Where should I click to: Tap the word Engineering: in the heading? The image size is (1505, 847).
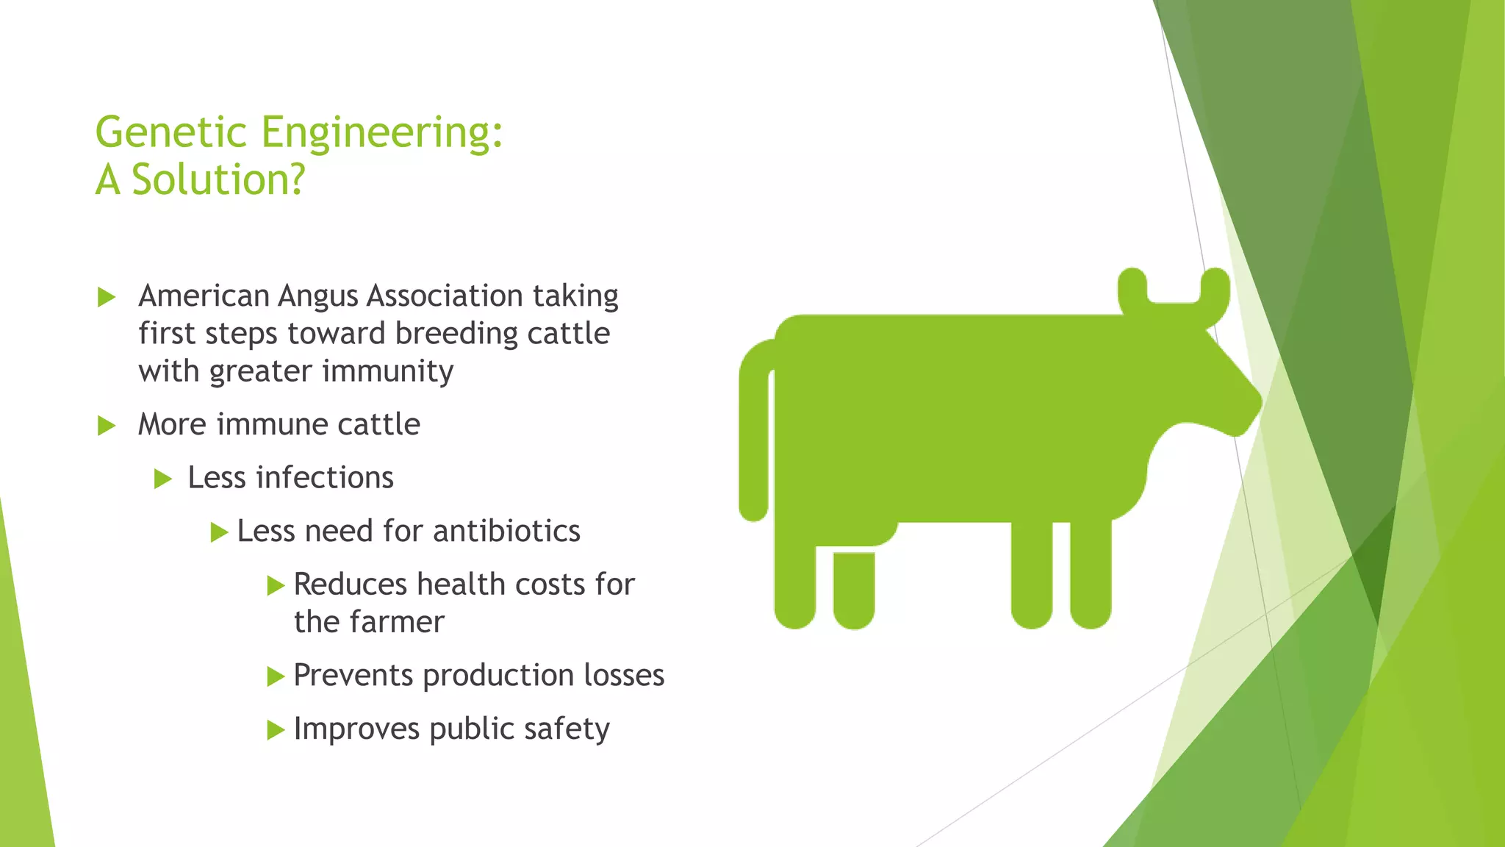click(381, 134)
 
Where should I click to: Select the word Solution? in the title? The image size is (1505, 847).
click(218, 180)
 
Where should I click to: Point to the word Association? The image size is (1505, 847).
click(445, 296)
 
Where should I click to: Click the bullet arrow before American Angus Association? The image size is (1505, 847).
click(107, 298)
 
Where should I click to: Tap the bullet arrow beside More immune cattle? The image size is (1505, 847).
click(107, 426)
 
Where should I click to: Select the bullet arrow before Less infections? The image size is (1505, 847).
click(163, 479)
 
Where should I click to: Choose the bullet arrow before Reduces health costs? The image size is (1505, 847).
click(276, 586)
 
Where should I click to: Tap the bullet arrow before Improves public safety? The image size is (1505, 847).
click(276, 730)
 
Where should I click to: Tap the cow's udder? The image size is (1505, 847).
click(854, 588)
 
